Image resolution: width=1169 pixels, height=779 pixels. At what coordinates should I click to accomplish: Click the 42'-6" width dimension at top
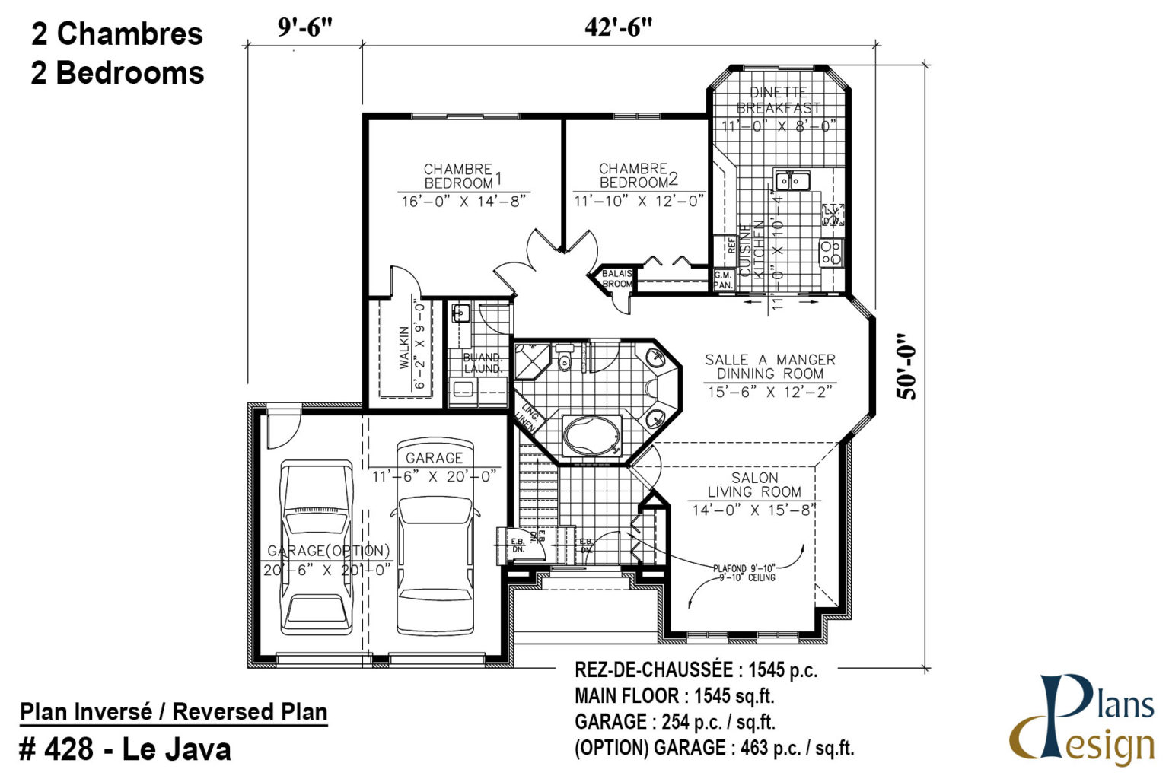tap(618, 27)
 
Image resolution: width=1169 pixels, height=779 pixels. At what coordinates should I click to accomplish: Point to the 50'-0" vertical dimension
tap(906, 367)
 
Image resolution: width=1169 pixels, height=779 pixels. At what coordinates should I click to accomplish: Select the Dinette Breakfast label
tap(779, 100)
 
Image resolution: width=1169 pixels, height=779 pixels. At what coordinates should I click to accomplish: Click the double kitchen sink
tap(792, 181)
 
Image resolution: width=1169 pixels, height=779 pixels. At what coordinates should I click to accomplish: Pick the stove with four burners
tap(830, 252)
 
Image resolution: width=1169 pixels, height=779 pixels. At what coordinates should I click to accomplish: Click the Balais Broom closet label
tap(616, 278)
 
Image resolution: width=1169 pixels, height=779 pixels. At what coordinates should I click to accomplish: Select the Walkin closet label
tap(404, 347)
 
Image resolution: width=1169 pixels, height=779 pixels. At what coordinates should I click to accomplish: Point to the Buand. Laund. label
tap(483, 363)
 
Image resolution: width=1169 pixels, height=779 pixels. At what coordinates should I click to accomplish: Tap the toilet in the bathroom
tap(564, 359)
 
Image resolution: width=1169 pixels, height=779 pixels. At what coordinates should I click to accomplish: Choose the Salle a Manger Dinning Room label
tap(770, 366)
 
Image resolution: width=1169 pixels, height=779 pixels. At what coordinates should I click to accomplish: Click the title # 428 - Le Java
tap(126, 750)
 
